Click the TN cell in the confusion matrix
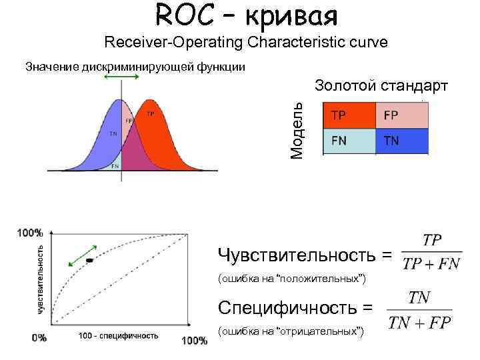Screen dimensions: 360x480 click(401, 141)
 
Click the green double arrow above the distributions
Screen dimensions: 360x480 click(122, 78)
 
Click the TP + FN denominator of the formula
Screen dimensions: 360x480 click(431, 264)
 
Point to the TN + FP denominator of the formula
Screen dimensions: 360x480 click(420, 323)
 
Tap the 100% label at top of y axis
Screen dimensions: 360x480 click(31, 233)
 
